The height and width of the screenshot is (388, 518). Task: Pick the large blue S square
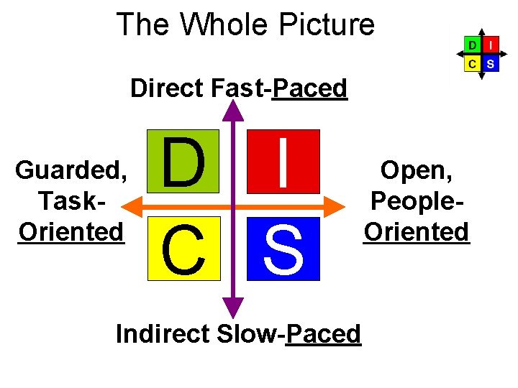point(283,248)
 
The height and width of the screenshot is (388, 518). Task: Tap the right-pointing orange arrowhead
point(338,208)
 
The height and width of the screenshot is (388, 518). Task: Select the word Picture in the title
point(330,24)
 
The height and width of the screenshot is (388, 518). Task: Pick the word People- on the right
point(417,200)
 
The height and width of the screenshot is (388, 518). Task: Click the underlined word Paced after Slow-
point(323,333)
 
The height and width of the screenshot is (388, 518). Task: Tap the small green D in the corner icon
point(472,45)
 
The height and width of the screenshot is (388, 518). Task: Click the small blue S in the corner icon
point(490,63)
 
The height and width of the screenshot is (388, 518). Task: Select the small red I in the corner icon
point(490,45)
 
